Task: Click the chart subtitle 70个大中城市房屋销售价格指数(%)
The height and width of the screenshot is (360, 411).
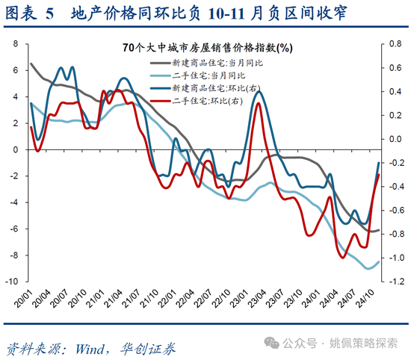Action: click(208, 48)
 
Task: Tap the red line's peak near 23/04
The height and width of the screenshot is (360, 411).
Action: click(258, 103)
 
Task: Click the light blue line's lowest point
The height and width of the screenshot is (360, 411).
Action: click(369, 268)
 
